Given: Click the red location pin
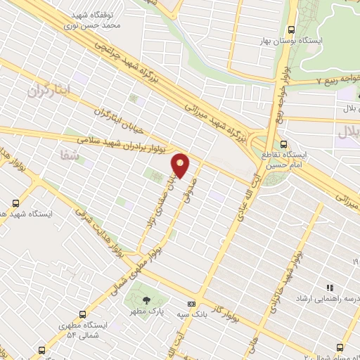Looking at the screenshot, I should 181,165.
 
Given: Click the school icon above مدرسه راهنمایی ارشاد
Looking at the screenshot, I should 329,288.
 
